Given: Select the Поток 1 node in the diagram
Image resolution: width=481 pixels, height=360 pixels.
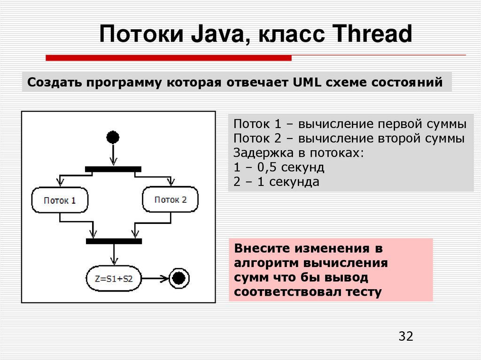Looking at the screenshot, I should (60, 200).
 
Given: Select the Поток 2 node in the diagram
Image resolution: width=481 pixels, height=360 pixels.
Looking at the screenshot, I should (170, 199).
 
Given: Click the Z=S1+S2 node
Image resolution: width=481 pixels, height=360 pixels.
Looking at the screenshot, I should (114, 278).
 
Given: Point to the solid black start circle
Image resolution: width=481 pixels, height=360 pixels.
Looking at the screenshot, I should (113, 137).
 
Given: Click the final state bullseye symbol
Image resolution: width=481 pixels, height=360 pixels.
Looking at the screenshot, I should (178, 278).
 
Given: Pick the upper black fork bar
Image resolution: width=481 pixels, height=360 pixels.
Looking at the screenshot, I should (113, 169).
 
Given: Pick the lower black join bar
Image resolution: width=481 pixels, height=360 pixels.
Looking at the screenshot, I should (114, 241).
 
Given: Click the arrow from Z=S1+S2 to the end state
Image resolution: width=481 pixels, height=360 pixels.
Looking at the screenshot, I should (155, 278).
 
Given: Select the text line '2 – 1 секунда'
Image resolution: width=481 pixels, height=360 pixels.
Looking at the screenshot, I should (276, 182).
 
